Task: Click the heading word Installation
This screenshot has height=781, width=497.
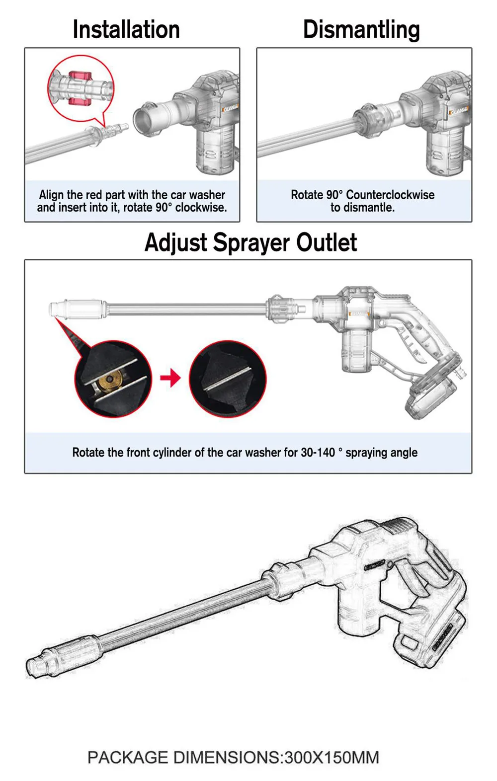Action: point(126,29)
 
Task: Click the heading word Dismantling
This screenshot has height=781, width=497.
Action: point(361,29)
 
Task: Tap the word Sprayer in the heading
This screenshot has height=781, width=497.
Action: point(252,242)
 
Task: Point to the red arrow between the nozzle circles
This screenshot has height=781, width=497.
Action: point(170,378)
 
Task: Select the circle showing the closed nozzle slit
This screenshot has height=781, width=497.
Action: point(228,379)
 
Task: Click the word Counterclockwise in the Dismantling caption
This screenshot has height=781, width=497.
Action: point(390,195)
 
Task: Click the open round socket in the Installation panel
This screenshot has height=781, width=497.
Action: point(144,119)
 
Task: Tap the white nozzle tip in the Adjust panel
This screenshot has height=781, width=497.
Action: point(55,309)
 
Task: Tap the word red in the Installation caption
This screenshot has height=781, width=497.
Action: point(93,195)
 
